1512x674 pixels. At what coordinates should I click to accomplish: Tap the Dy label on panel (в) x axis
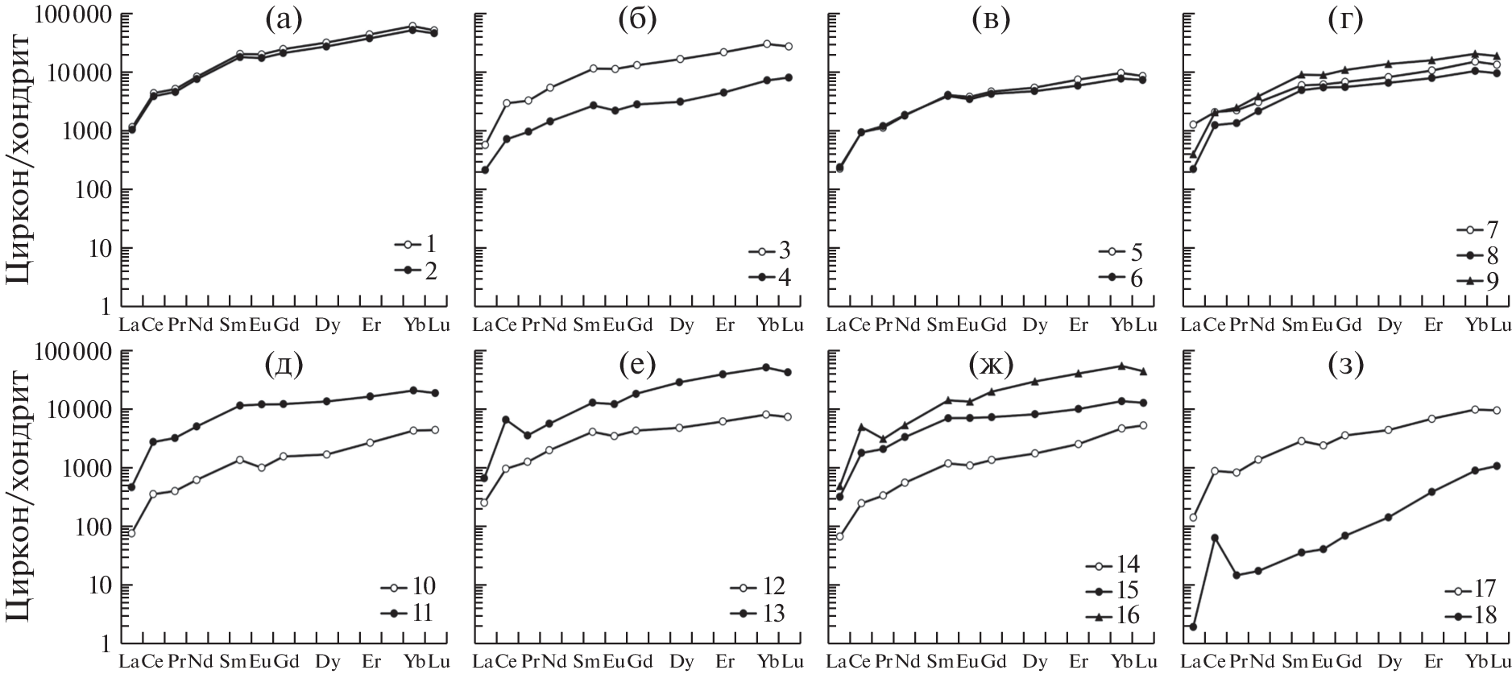point(1035,325)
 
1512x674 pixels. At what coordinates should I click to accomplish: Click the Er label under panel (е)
point(725,662)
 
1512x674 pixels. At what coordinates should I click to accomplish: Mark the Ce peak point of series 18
point(1215,537)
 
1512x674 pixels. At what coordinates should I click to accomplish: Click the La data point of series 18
point(1192,626)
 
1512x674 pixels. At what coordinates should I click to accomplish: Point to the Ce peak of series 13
point(505,420)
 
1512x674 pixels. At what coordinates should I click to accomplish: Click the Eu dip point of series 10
point(262,467)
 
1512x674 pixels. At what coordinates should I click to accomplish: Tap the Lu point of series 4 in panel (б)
point(788,77)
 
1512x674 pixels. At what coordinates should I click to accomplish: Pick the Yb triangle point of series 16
point(1121,366)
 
